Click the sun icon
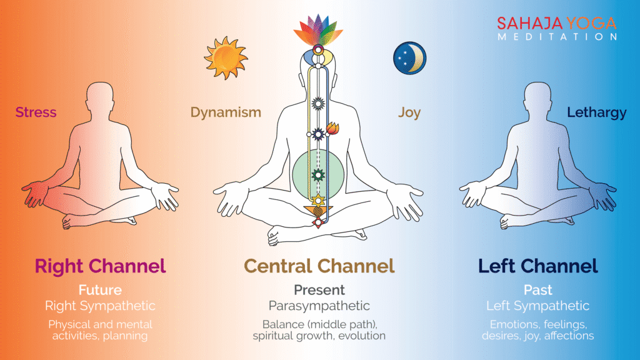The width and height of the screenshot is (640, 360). tap(226, 58)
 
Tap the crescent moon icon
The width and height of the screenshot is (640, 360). tap(409, 58)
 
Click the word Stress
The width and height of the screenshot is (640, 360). tap(36, 112)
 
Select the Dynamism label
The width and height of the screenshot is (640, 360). tap(226, 112)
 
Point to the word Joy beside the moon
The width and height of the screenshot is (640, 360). tap(409, 112)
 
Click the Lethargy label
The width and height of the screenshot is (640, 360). tap(597, 112)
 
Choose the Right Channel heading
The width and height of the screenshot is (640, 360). tap(100, 266)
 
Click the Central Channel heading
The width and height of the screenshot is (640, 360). tap(319, 266)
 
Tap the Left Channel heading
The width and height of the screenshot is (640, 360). tap(538, 266)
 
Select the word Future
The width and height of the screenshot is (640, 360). tap(100, 290)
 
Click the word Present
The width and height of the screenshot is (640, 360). tap(319, 290)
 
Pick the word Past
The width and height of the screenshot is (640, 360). tap(538, 290)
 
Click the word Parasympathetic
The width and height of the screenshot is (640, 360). tap(319, 306)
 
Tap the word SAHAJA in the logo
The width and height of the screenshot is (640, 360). tap(529, 24)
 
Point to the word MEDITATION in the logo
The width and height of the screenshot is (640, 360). tap(557, 37)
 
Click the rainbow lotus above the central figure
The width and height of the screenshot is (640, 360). tap(319, 31)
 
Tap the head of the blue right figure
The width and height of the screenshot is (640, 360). tap(538, 97)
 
